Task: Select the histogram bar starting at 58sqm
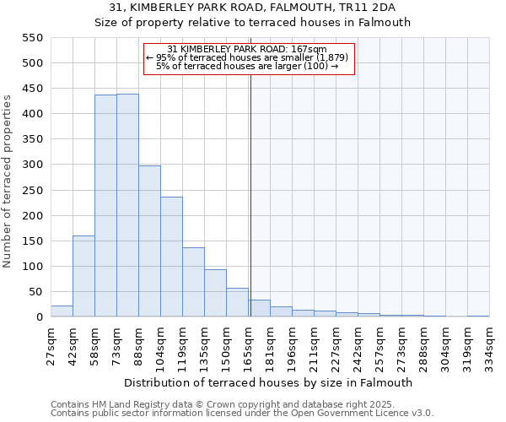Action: [105, 206]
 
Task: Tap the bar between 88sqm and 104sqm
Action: [149, 241]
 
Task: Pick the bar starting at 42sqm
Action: [83, 276]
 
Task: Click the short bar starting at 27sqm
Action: [62, 311]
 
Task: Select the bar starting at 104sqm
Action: [171, 257]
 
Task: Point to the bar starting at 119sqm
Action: [193, 282]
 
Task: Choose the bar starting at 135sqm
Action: [215, 293]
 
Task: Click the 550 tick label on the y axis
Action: [32, 38]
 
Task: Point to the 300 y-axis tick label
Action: [32, 165]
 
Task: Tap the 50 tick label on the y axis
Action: [35, 292]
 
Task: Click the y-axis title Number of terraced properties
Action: [8, 181]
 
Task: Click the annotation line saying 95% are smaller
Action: [248, 57]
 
